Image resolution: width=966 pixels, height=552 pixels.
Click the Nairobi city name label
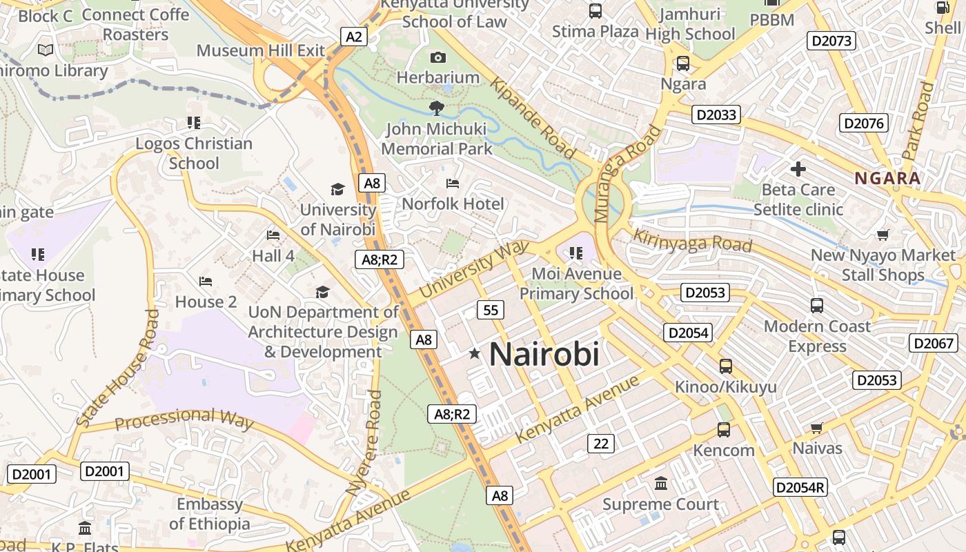(x=544, y=355)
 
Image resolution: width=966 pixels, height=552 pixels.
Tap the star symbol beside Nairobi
(x=475, y=354)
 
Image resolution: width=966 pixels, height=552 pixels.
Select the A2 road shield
(x=353, y=37)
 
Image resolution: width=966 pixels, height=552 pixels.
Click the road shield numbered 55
(x=491, y=310)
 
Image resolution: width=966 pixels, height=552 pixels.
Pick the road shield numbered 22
(x=601, y=444)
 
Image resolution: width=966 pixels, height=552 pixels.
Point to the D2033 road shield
(x=717, y=115)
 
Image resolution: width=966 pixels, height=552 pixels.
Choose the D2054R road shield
(x=800, y=487)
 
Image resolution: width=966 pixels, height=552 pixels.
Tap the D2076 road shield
(x=864, y=124)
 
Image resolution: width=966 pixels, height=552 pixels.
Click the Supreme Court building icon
(x=661, y=483)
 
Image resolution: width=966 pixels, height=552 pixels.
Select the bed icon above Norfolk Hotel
(x=453, y=184)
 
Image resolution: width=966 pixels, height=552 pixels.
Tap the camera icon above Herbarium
(x=438, y=57)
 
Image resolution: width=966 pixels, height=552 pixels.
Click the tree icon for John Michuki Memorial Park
(x=436, y=108)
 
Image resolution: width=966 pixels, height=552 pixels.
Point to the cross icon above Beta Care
(x=798, y=169)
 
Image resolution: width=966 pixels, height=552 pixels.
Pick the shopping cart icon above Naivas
(x=817, y=428)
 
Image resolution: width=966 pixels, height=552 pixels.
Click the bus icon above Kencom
(x=724, y=430)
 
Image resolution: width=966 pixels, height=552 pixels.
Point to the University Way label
(x=474, y=269)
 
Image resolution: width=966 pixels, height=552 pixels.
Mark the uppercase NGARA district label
(x=888, y=179)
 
